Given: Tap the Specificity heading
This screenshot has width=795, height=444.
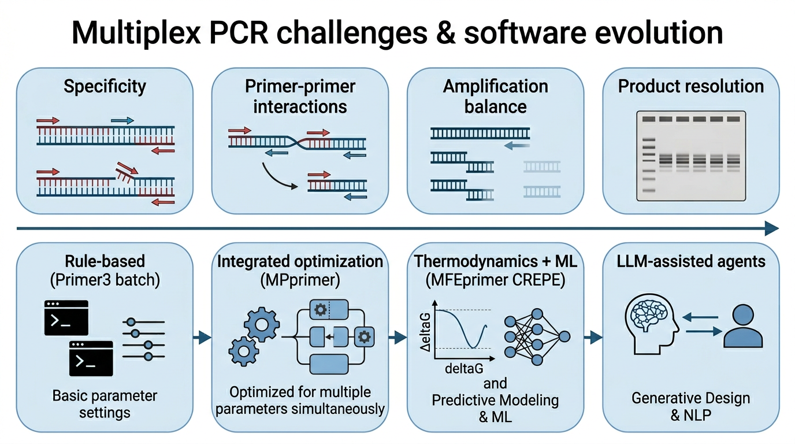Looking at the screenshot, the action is tap(105, 87).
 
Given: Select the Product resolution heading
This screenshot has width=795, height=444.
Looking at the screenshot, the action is tap(690, 86).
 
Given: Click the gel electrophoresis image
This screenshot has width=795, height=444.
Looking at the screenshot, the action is tap(690, 156).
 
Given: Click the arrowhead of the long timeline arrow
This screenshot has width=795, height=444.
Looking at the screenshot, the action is tap(772, 228).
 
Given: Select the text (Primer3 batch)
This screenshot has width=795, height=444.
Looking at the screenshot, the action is tap(105, 280).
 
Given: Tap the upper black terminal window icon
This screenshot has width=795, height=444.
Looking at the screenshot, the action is tap(66, 317).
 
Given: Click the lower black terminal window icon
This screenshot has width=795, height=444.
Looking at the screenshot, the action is tap(91, 358).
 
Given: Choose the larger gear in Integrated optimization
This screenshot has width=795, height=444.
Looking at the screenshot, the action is tap(262, 324).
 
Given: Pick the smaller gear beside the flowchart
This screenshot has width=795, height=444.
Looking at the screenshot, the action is tap(243, 351).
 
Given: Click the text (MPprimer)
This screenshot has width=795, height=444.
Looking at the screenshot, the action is tap(300, 280).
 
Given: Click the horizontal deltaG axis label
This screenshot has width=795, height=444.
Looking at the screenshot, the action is tap(464, 369).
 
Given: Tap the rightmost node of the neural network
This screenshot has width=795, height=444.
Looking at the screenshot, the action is tap(564, 336).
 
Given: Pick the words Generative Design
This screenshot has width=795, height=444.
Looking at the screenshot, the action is tap(690, 398).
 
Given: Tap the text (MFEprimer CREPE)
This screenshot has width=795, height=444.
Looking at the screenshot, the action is tap(496, 280).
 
